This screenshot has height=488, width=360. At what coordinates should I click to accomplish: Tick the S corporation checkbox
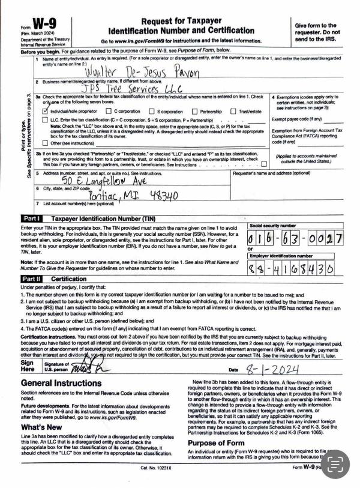[151, 111]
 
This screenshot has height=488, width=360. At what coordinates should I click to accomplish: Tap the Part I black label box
[32, 218]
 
